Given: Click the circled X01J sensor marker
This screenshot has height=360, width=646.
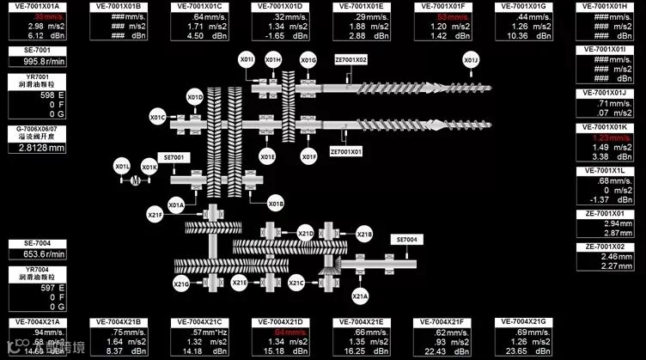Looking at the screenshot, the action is [470, 60].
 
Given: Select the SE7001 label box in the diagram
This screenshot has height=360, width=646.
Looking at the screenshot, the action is [174, 158].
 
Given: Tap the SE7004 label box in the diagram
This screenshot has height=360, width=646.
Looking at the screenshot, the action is [405, 239].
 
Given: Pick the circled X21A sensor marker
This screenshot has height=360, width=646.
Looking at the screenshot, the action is [361, 296].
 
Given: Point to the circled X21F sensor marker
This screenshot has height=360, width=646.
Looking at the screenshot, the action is [155, 214].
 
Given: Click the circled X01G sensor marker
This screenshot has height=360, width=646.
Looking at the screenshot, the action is [308, 60].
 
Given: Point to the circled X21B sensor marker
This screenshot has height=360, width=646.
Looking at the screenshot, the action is [364, 234].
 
